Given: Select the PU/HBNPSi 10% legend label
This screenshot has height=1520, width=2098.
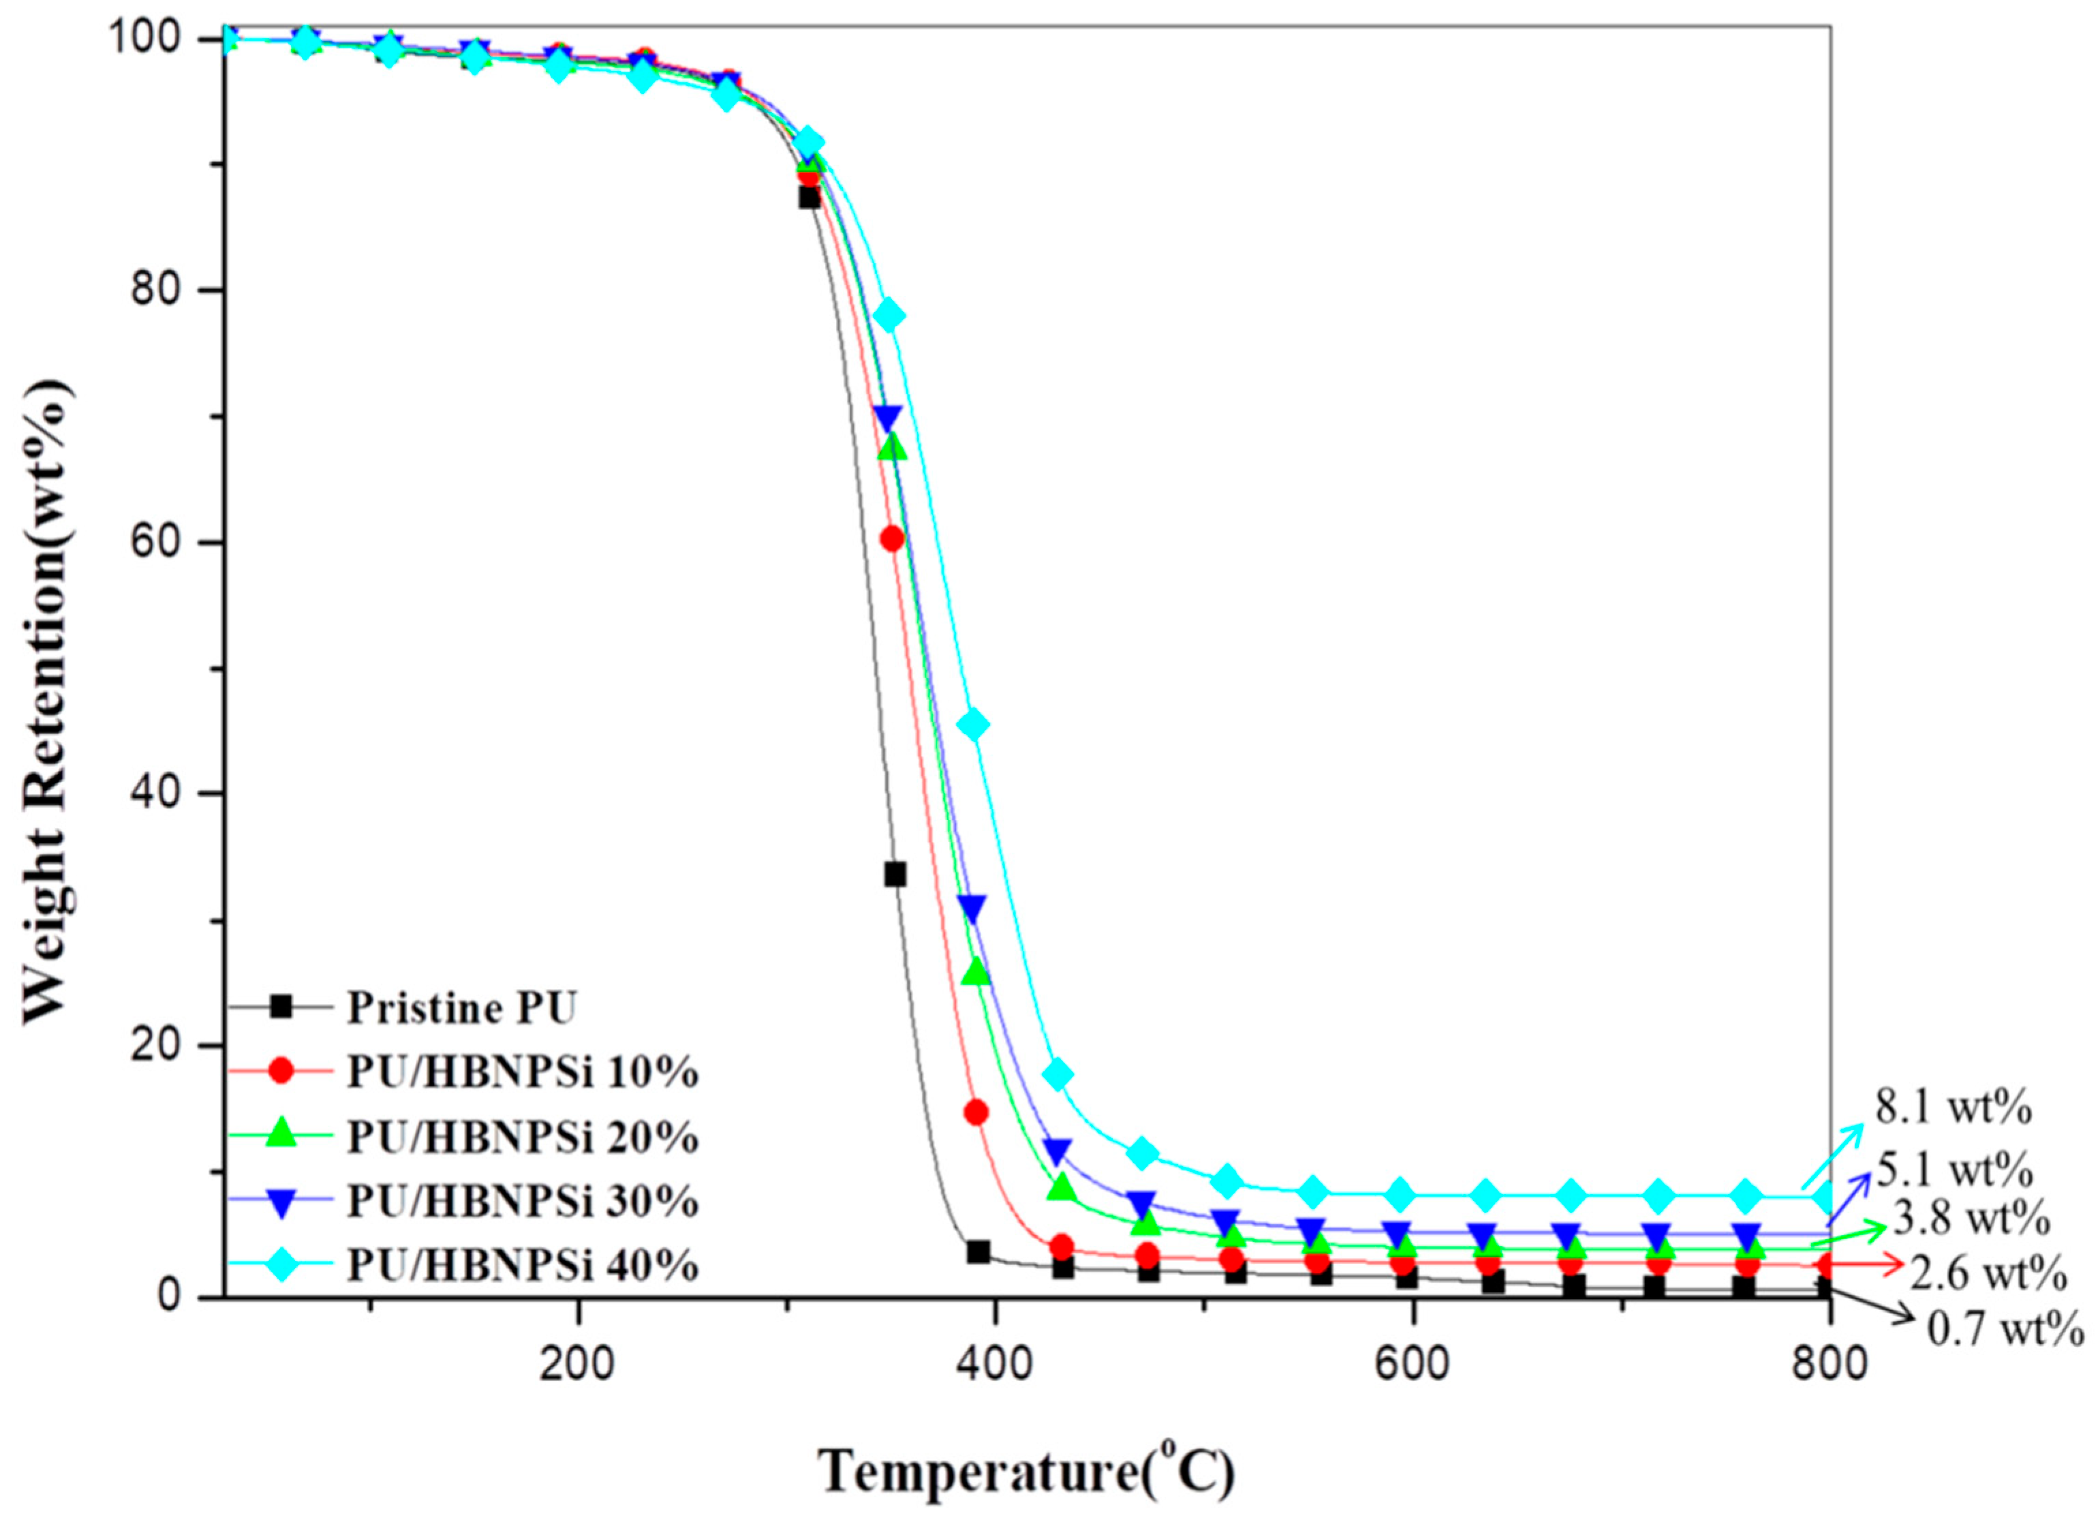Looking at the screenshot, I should point(522,1072).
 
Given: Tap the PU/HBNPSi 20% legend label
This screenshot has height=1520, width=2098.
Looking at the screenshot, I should point(522,1137).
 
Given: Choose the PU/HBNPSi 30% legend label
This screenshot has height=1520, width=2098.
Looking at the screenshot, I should point(522,1201).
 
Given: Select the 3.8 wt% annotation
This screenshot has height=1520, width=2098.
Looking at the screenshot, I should point(1971,1219).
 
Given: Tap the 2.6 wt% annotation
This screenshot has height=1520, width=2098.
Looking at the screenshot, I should point(1988,1275).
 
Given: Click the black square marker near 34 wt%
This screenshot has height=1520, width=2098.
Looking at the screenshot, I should point(895,875).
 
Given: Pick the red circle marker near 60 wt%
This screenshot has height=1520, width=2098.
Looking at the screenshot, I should point(892,539).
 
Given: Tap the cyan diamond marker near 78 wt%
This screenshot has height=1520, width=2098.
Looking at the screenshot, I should point(889,316).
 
